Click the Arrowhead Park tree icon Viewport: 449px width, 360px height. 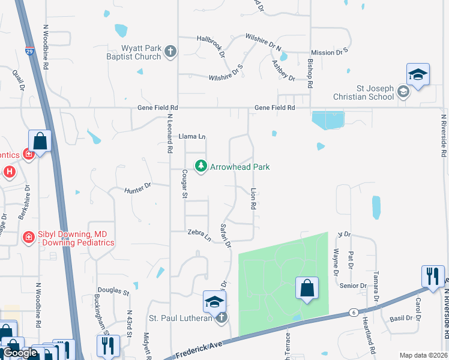click(x=200, y=166)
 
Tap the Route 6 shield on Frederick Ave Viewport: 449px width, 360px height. click(x=354, y=313)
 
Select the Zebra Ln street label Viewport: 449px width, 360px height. click(x=199, y=235)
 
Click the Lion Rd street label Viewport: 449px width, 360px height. click(x=253, y=197)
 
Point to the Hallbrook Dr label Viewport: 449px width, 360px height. click(x=211, y=45)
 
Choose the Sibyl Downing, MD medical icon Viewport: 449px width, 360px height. click(x=28, y=238)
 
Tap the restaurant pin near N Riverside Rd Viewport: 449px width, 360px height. click(x=432, y=276)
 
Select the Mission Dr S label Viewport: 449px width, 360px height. click(x=330, y=53)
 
